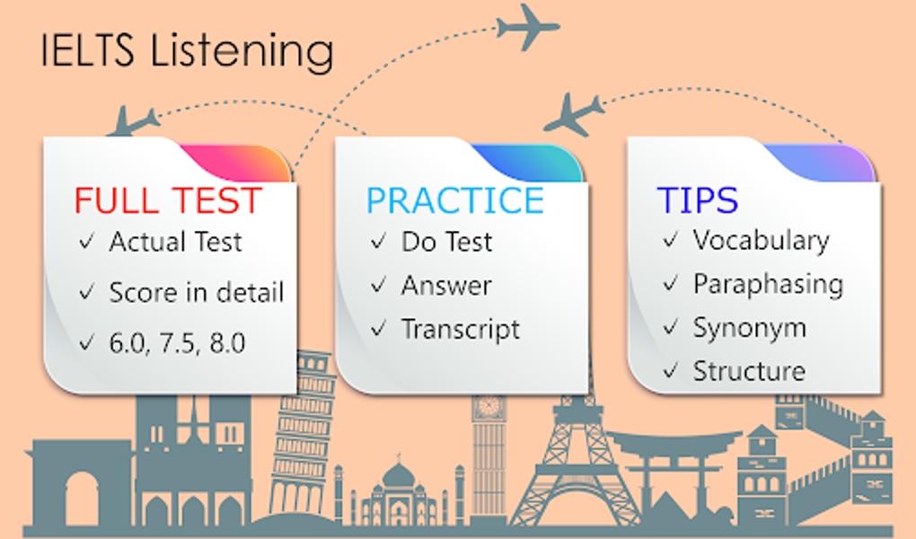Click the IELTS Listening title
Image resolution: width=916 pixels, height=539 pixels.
tap(187, 51)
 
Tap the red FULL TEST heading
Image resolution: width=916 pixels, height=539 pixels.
tap(168, 200)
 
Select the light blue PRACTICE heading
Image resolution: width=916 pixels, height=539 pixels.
tap(455, 200)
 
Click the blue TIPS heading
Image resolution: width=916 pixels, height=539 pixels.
tap(697, 200)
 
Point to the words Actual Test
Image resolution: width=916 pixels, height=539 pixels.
tap(176, 242)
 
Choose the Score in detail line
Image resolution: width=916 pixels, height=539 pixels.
tap(197, 292)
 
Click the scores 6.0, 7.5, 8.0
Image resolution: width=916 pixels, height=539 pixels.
tap(178, 342)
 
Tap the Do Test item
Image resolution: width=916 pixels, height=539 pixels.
tap(447, 242)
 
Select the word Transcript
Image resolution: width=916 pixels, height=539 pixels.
tap(461, 329)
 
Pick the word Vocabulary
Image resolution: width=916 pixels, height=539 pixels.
tap(761, 240)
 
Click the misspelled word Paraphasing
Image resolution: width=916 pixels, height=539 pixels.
tap(768, 284)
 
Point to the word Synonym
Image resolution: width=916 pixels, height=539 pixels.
tap(749, 327)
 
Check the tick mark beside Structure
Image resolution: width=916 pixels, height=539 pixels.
tap(670, 370)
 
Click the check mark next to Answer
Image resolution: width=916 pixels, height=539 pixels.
tap(379, 286)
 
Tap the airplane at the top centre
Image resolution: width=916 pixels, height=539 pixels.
tap(527, 27)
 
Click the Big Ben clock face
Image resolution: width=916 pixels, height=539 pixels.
tap(489, 406)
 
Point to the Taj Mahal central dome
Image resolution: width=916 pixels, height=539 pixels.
tap(399, 475)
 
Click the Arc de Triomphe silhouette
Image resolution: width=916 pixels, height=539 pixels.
tap(82, 485)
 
